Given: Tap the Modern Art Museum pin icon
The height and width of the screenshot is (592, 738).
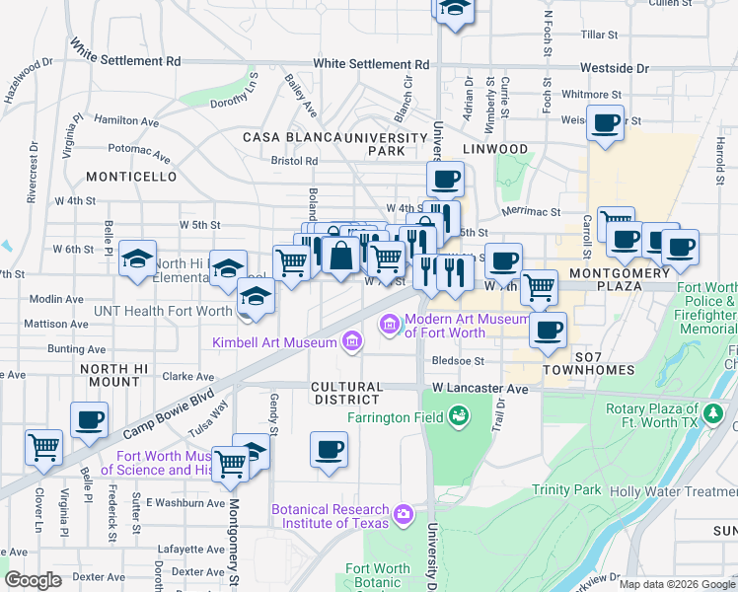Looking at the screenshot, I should click(x=390, y=324).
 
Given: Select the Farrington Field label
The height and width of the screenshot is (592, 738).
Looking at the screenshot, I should click(x=392, y=417).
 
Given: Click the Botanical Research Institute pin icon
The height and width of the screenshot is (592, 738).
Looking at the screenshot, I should click(x=403, y=514).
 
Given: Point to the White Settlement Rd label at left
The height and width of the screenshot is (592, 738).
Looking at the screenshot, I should click(x=124, y=53).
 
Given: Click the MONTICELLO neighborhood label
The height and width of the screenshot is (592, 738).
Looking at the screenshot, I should click(x=131, y=177).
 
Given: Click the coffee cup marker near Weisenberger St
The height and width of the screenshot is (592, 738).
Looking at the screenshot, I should click(x=605, y=124).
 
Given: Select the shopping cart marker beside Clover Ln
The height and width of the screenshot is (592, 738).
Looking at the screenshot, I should click(x=43, y=448).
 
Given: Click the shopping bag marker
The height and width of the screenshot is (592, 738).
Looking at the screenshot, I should click(x=340, y=256).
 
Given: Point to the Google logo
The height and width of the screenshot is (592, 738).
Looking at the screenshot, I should click(x=33, y=580).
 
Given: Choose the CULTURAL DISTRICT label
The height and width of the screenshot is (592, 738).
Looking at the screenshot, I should click(x=344, y=393).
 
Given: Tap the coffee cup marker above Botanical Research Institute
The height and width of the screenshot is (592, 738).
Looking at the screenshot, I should click(x=330, y=451).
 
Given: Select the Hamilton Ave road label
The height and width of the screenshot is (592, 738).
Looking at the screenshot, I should click(x=126, y=120).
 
